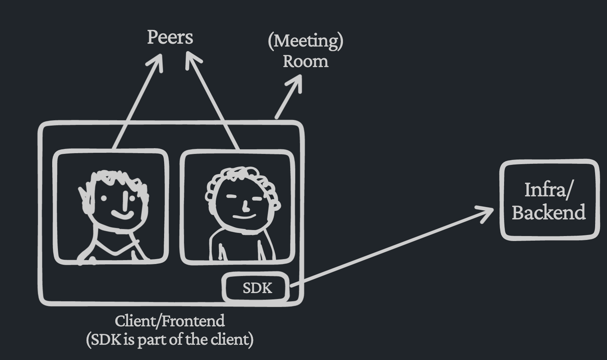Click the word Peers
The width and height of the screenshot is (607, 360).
point(170,38)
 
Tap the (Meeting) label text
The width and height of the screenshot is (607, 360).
point(306,41)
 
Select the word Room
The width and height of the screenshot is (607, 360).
point(306,61)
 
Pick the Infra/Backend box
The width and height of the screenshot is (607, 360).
point(549,200)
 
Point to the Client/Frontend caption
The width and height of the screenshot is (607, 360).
point(170,321)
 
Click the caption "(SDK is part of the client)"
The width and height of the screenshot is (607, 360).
point(170,339)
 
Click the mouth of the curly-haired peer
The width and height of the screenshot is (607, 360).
point(244,217)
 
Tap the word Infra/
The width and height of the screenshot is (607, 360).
point(549,190)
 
